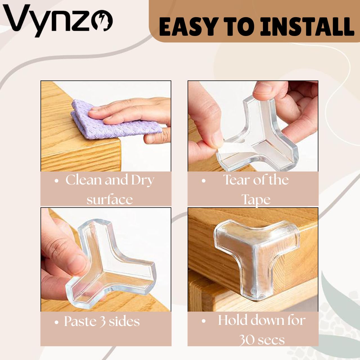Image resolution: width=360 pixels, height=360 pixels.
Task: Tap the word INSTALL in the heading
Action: [x=307, y=27]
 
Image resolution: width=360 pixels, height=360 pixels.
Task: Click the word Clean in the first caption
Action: [x=84, y=180]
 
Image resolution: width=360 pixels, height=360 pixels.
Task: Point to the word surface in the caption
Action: [x=109, y=199]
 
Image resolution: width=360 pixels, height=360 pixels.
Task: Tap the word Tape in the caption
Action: [x=256, y=200]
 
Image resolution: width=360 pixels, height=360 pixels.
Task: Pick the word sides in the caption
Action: [x=124, y=321]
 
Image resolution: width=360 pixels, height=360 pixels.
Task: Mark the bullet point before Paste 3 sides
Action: [x=57, y=322]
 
